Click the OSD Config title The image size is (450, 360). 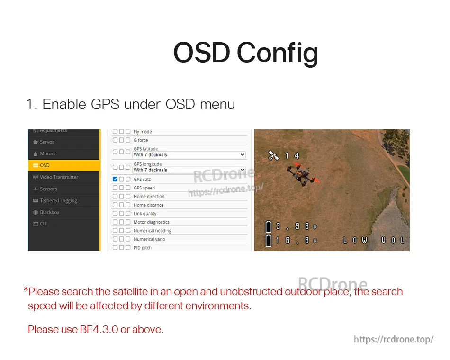click(x=245, y=53)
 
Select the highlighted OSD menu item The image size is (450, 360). click(x=63, y=165)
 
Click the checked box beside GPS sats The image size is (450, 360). click(x=115, y=180)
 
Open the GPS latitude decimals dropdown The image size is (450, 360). click(x=189, y=155)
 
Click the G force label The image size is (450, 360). click(x=141, y=141)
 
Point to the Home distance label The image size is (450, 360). click(x=148, y=205)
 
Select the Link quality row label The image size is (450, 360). click(x=145, y=214)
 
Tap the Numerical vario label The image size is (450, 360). click(x=149, y=239)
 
